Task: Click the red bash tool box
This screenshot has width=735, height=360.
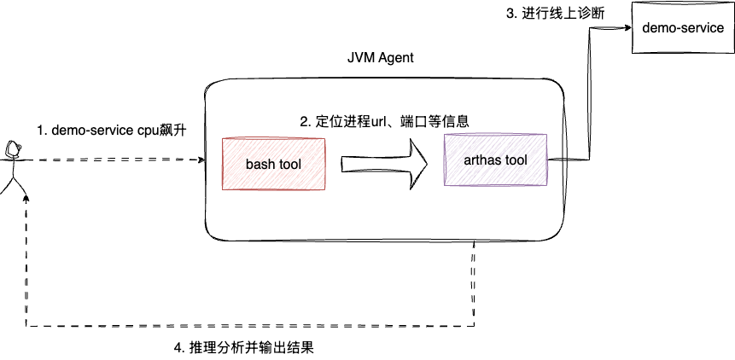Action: click(x=273, y=163)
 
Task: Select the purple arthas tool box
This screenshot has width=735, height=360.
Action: click(x=496, y=160)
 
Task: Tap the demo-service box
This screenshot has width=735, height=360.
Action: click(x=682, y=28)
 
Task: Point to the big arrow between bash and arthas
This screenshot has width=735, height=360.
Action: click(x=385, y=162)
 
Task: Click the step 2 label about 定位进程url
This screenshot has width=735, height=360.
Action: click(x=384, y=122)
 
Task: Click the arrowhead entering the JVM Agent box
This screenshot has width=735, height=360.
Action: click(x=201, y=160)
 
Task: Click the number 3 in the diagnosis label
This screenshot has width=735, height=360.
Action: click(x=510, y=15)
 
